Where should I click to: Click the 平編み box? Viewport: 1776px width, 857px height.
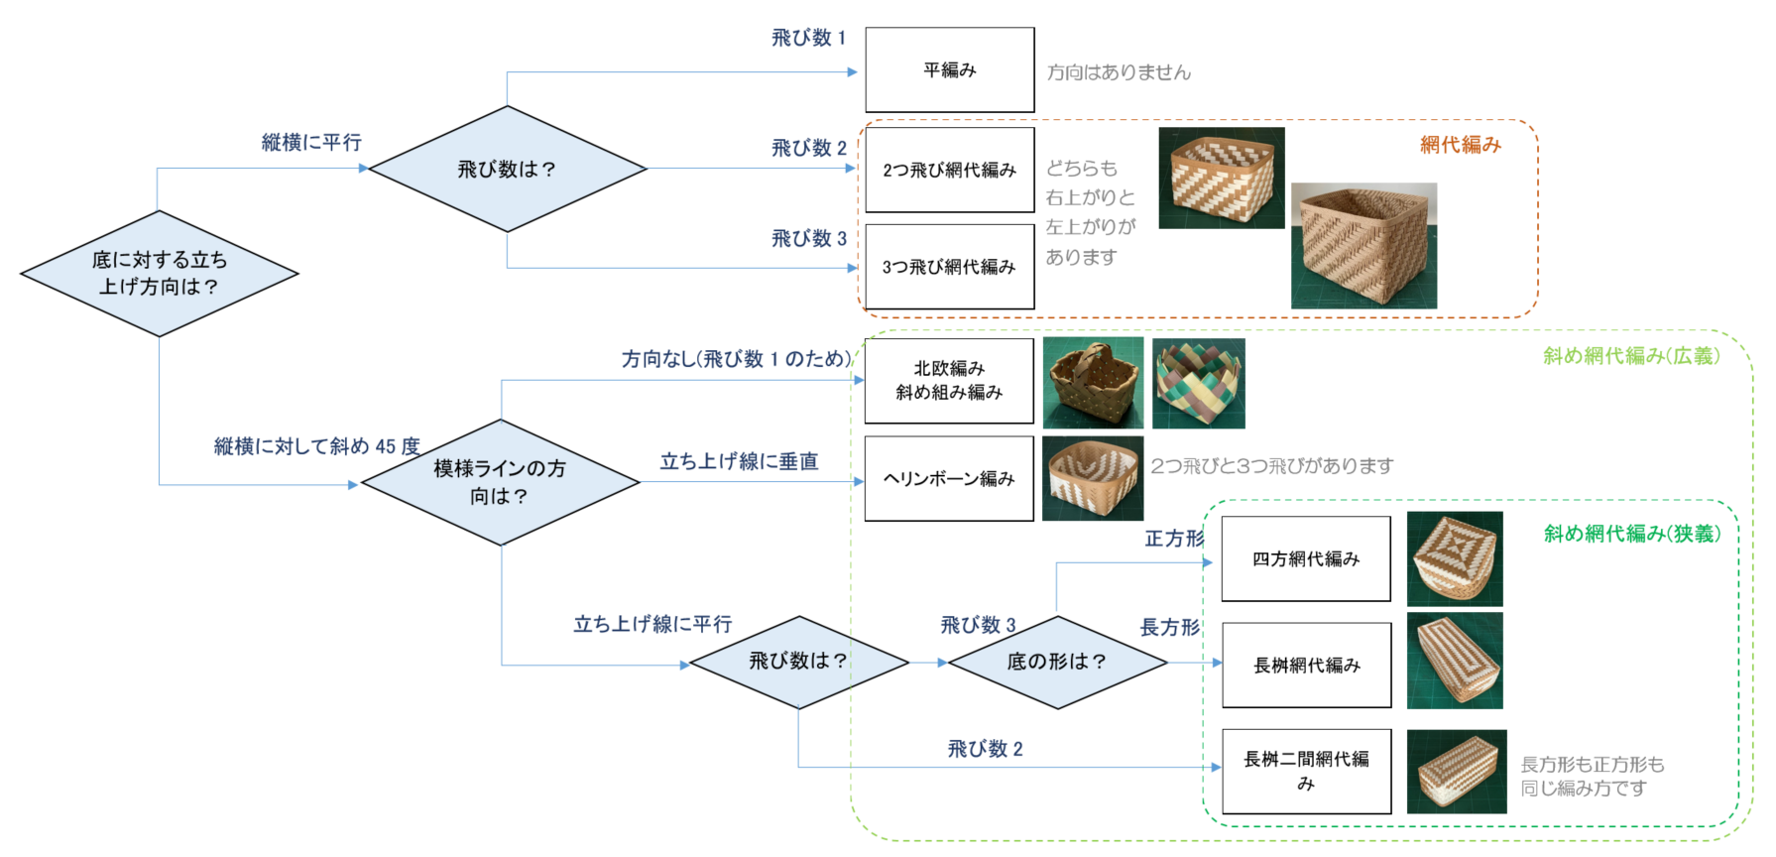950,69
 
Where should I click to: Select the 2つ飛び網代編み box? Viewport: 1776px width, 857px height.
950,170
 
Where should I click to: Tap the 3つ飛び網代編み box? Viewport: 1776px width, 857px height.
950,267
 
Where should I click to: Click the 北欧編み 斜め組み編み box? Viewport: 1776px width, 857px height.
949,380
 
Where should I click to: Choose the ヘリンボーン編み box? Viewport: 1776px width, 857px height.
949,478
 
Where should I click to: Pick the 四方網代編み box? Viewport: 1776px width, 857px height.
1306,558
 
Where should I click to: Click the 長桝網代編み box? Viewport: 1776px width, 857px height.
1307,665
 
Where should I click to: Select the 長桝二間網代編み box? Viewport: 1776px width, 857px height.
1307,771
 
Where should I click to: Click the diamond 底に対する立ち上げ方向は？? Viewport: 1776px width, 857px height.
159,273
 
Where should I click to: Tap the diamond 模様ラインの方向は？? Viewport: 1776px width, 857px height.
501,482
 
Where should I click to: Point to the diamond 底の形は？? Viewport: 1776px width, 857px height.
1057,662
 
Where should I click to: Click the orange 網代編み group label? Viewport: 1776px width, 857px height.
1461,145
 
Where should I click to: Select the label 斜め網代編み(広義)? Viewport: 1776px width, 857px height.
1631,355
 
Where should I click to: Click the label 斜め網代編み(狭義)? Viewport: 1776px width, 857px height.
1632,534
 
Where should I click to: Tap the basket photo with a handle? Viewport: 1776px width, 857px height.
1093,383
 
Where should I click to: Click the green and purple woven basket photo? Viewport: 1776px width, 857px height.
1198,383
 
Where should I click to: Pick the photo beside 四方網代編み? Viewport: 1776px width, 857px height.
1455,558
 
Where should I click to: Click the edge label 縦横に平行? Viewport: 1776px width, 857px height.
311,142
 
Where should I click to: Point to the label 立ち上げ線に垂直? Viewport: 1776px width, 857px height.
740,461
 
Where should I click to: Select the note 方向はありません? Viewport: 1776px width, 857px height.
1119,71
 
